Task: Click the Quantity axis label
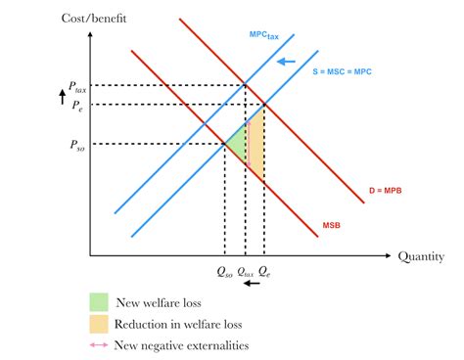tap(423, 256)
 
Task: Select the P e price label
tap(76, 105)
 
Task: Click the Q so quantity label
tap(225, 273)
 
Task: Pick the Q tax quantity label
tap(246, 273)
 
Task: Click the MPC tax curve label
tap(264, 35)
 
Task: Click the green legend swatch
tap(98, 300)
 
